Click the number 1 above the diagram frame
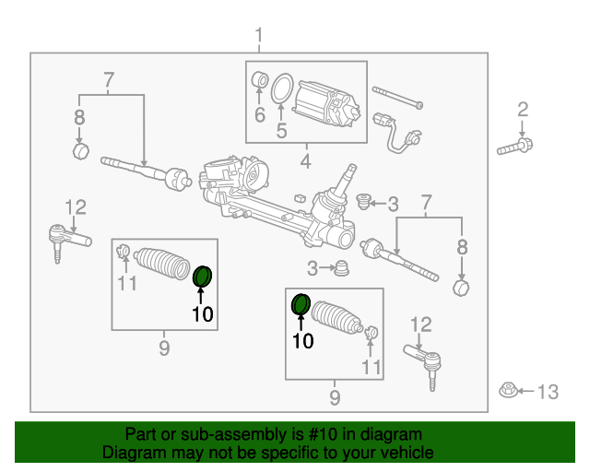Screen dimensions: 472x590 point(259,36)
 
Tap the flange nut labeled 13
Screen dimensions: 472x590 point(507,391)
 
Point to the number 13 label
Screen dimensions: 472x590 point(547,393)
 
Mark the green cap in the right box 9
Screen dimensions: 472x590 point(301,304)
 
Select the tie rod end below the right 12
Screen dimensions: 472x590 point(423,359)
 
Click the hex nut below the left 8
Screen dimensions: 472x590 point(80,150)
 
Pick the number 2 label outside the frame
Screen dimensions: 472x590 point(523,110)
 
